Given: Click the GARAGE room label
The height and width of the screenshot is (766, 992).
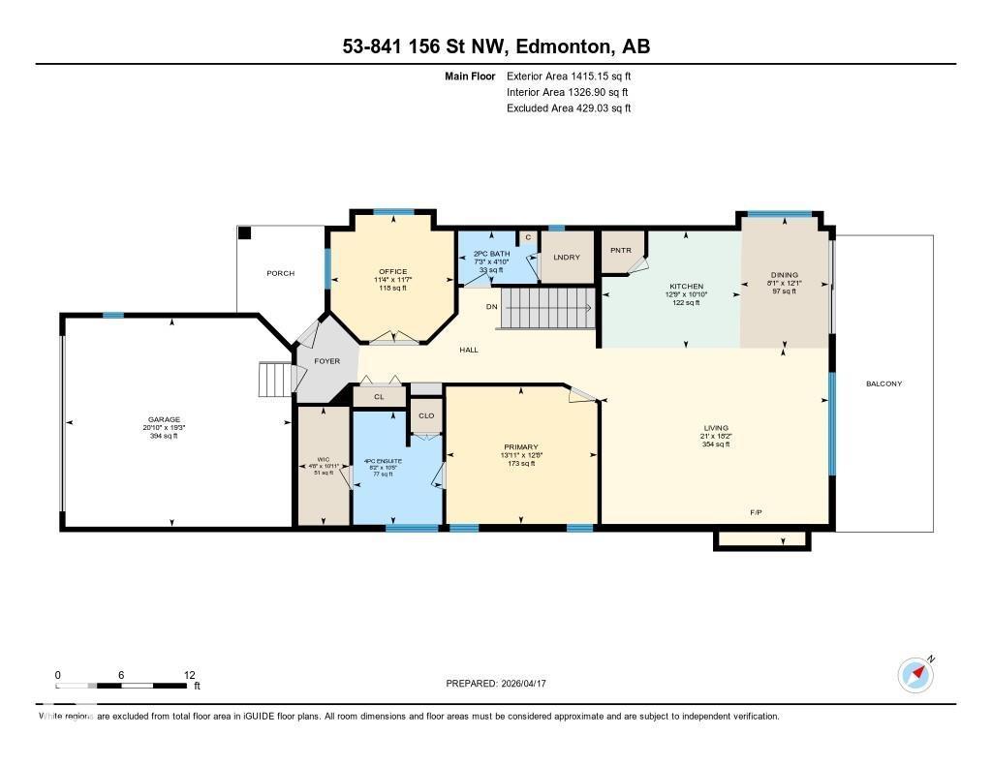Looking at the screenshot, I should tap(164, 419).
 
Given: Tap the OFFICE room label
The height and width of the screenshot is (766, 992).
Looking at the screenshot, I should tap(393, 271).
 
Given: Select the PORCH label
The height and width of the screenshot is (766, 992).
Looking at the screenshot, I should tap(280, 273).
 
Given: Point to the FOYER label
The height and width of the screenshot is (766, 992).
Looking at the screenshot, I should tap(326, 361).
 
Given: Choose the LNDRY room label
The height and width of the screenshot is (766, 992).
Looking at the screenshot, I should tap(567, 257).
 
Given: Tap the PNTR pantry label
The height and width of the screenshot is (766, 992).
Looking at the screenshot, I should tap(621, 250).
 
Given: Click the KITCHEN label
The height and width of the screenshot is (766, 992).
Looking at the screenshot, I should tap(684, 287).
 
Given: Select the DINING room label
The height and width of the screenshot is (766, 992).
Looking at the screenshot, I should tap(784, 274).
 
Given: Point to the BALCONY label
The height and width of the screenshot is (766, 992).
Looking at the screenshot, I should tap(883, 383).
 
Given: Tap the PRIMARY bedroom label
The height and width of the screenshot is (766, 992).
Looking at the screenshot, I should tap(519, 446).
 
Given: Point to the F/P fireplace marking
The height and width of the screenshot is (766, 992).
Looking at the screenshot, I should tap(756, 511).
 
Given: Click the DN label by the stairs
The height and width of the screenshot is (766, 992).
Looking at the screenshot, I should tap(491, 306).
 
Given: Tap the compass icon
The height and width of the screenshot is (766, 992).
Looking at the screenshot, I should tap(914, 674).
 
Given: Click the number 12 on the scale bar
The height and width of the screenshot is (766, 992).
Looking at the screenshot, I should tap(189, 675).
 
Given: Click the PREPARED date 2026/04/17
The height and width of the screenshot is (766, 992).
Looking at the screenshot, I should tap(531, 683).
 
